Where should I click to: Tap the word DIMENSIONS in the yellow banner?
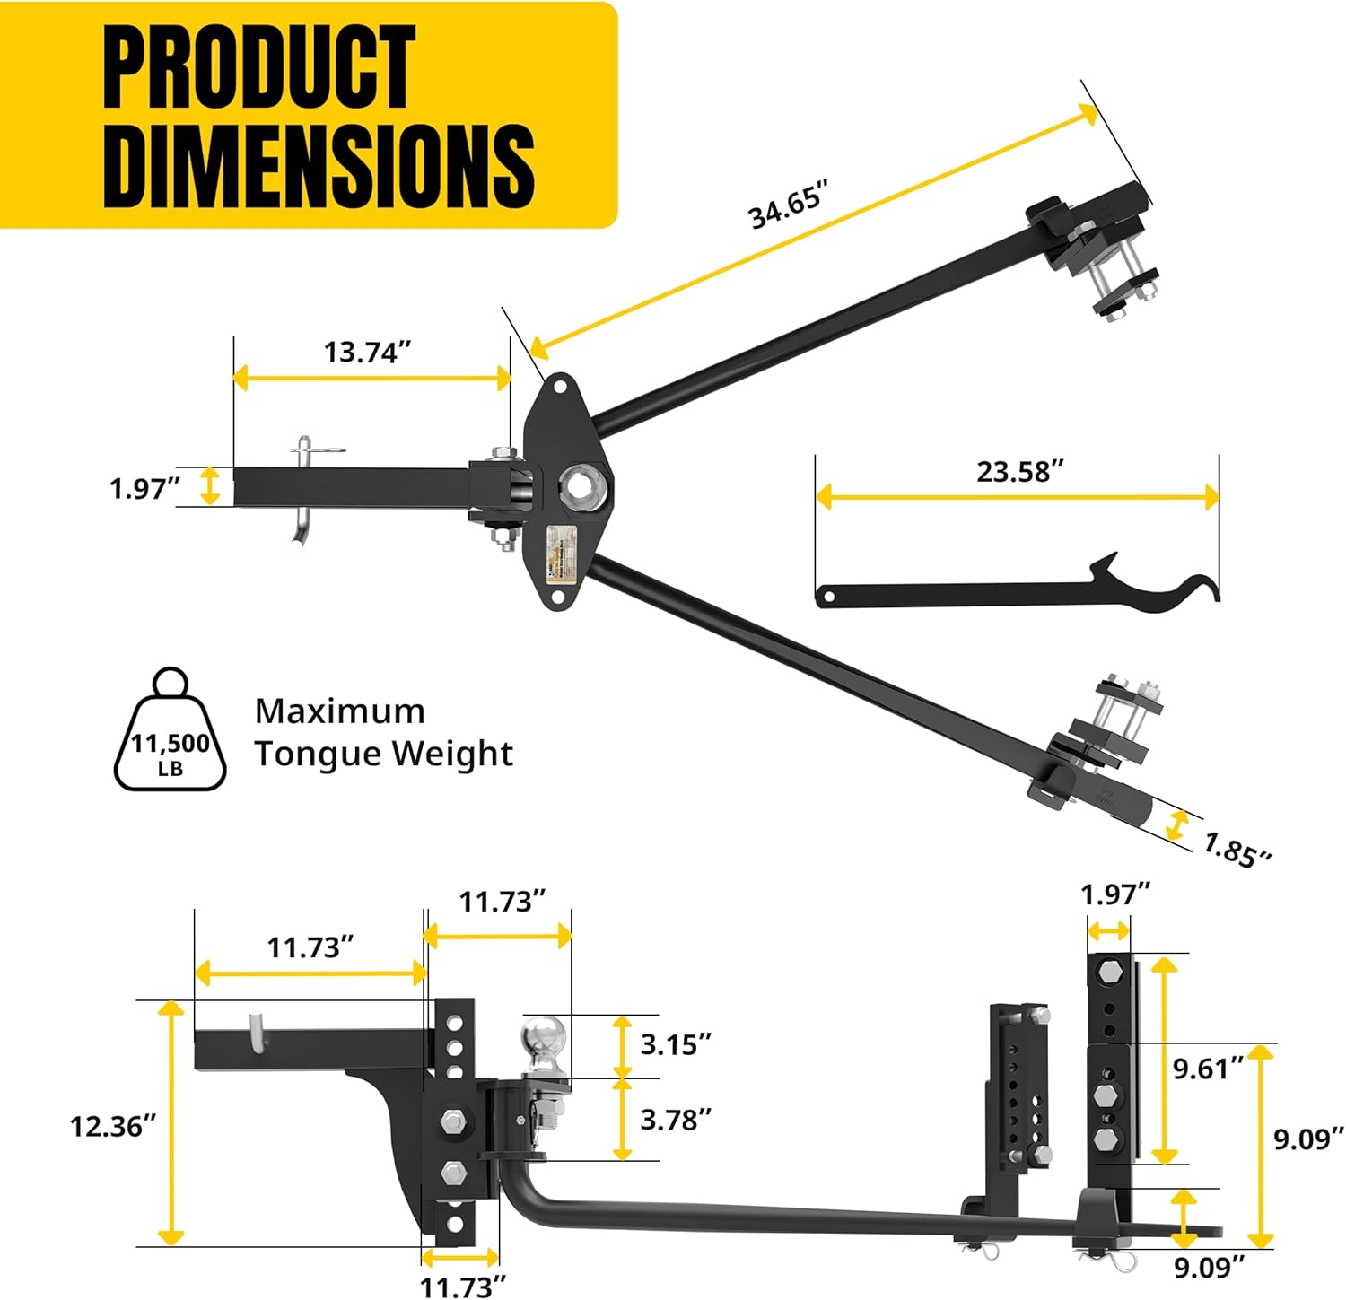coord(319,166)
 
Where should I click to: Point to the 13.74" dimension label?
coord(367,352)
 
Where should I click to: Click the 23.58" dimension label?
coord(1020,471)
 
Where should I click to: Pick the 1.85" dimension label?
coord(1237,849)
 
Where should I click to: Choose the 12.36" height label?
coord(113,1126)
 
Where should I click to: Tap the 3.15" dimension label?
coord(676,1044)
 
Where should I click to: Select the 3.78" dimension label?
coord(676,1119)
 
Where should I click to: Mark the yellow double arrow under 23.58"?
coord(1018,497)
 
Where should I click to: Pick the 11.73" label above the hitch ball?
coord(502,901)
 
